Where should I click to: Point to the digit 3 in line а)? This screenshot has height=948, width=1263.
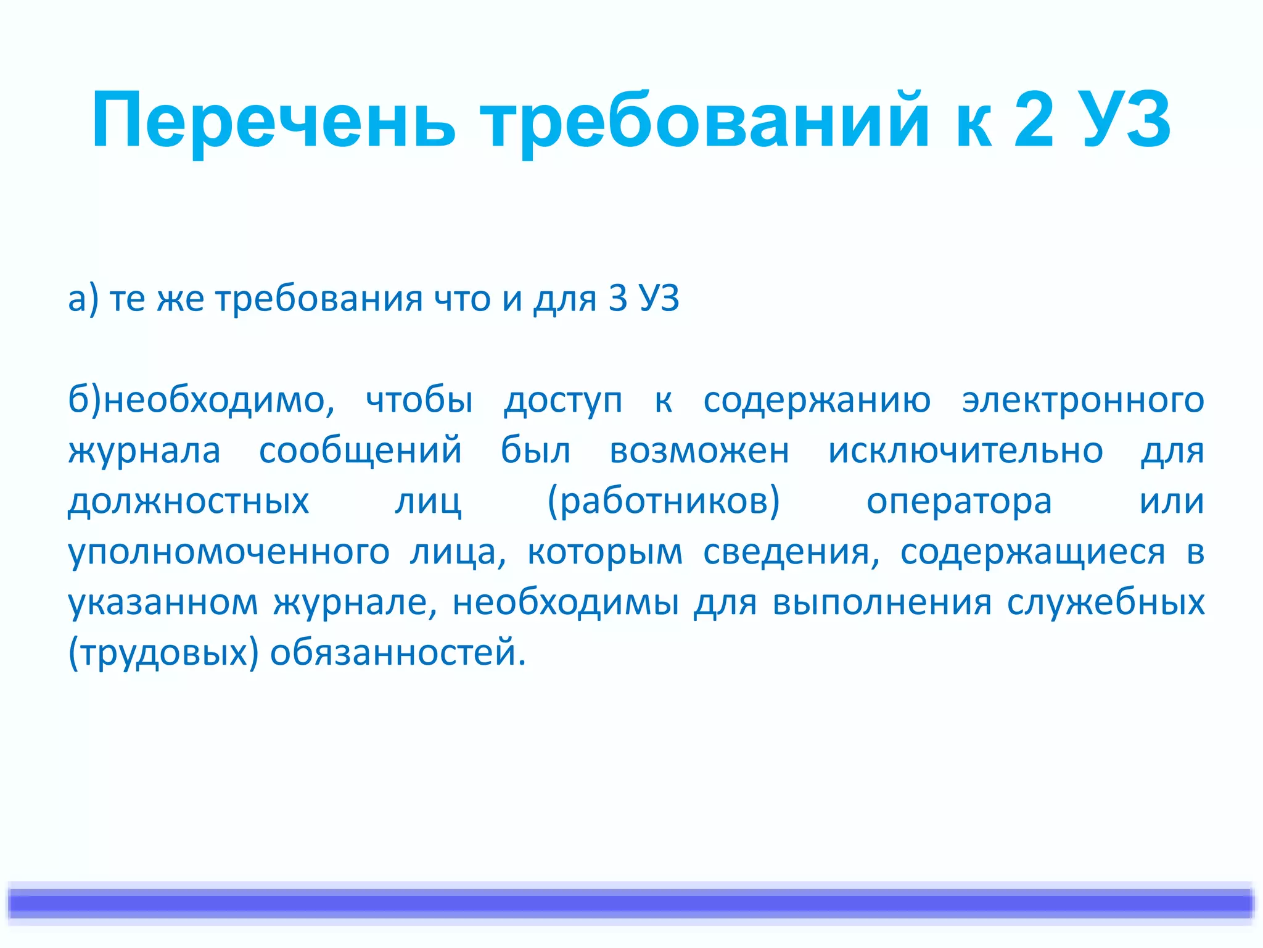pyautogui.click(x=617, y=299)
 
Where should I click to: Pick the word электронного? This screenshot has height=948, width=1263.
pyautogui.click(x=1083, y=400)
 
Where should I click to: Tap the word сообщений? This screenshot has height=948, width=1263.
pyautogui.click(x=360, y=451)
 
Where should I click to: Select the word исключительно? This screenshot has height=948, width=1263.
pyautogui.click(x=965, y=451)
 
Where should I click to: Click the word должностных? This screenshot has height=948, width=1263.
pyautogui.click(x=188, y=501)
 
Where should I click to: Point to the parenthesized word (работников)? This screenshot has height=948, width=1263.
pyautogui.click(x=664, y=501)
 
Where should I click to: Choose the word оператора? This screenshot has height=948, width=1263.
pyautogui.click(x=959, y=501)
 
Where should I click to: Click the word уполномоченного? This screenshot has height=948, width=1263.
pyautogui.click(x=228, y=552)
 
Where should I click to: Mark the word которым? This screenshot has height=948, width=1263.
pyautogui.click(x=605, y=552)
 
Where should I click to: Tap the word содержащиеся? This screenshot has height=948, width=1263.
pyautogui.click(x=1032, y=552)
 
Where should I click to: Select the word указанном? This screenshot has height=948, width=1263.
pyautogui.click(x=163, y=602)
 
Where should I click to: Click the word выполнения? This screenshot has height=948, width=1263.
pyautogui.click(x=882, y=602)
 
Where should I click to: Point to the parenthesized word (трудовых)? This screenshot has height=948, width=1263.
pyautogui.click(x=163, y=653)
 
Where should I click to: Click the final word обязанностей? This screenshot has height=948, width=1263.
pyautogui.click(x=397, y=653)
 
